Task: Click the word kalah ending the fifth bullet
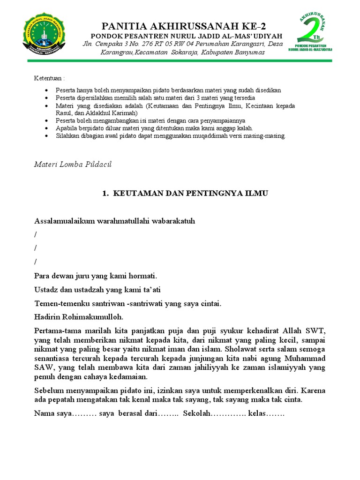click(244, 128)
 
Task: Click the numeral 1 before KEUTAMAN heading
click(105, 193)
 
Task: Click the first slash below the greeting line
click(36, 234)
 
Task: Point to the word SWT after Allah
click(315, 330)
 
